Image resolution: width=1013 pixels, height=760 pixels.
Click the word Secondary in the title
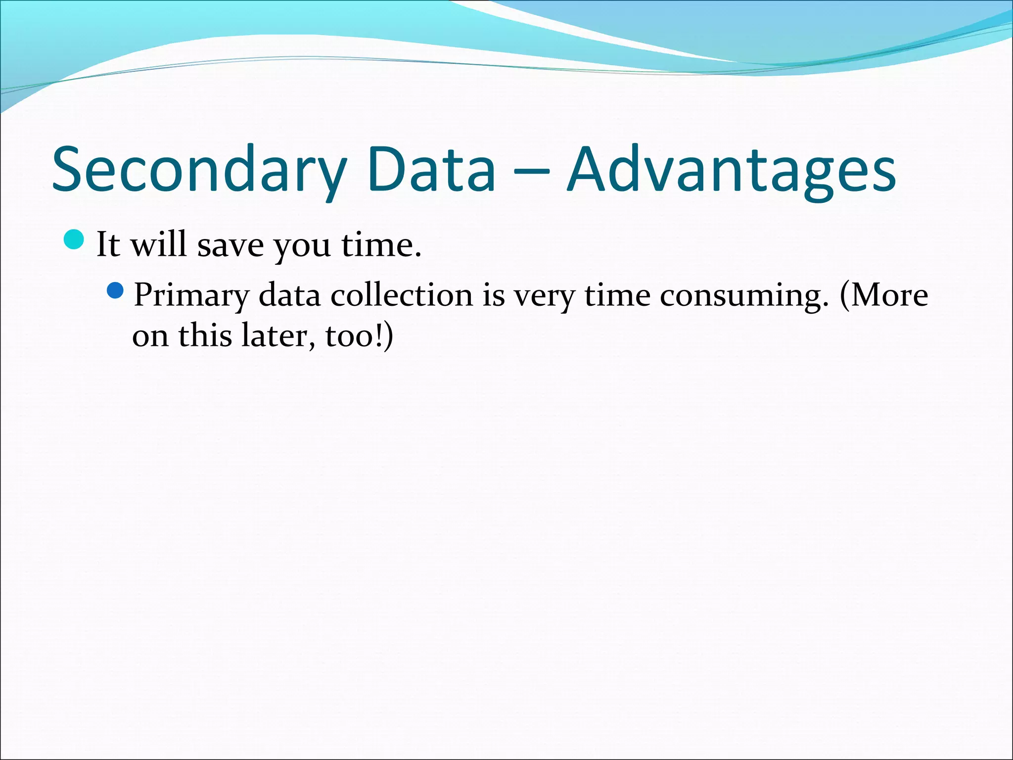pos(198,169)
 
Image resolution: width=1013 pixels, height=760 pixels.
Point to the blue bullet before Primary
pos(115,290)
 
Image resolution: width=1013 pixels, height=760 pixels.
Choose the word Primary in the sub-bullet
pos(191,295)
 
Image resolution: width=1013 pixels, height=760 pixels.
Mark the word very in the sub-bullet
pos(544,295)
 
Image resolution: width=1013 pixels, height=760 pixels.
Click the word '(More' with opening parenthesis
pos(883,295)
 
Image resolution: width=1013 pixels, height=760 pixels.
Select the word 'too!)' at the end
pos(359,336)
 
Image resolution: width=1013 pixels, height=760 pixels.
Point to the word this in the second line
pos(205,336)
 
